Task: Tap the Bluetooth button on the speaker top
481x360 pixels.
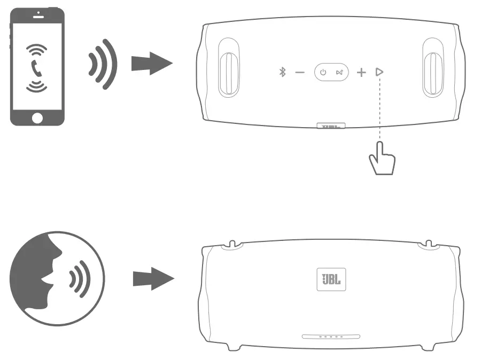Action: coord(283,72)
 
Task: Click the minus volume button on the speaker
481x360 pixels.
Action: coord(300,72)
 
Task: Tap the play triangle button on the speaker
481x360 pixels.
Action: coord(379,72)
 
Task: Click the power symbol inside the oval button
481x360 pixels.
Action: coord(323,72)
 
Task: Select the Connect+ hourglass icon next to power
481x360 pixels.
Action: coord(339,72)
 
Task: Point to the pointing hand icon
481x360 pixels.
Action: coord(382,159)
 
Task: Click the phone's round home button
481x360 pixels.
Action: coord(37,117)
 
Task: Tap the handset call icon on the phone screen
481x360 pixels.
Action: coord(37,67)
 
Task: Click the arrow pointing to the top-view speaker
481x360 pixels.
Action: coord(152,64)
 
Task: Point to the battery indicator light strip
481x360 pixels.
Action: coord(331,336)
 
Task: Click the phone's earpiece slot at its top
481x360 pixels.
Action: coord(37,17)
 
